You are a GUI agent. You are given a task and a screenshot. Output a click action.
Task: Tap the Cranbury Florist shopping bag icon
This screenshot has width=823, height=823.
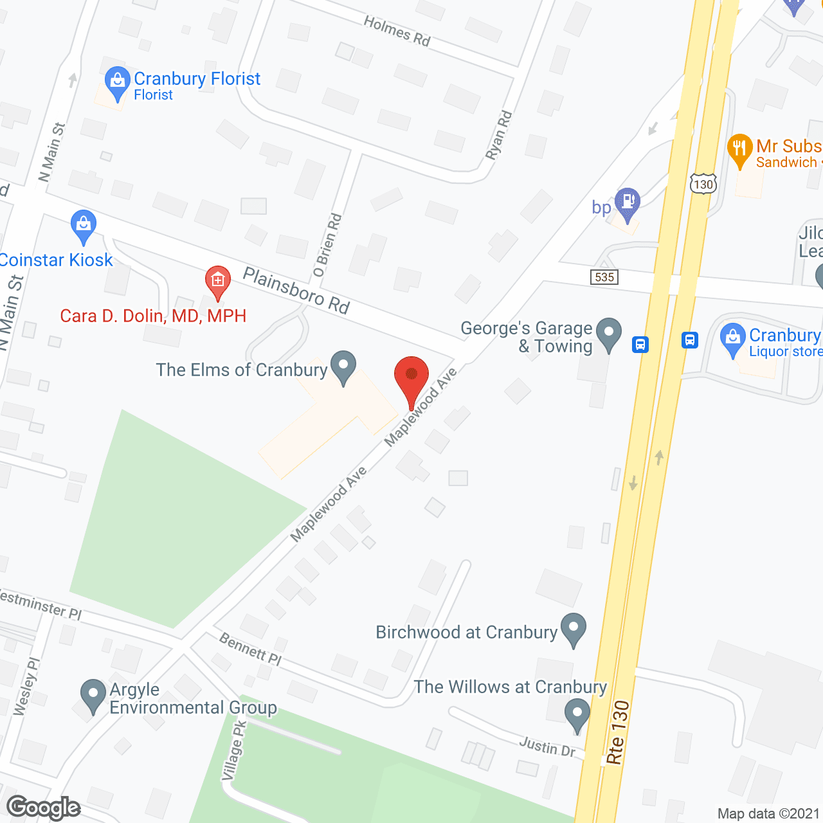tap(117, 82)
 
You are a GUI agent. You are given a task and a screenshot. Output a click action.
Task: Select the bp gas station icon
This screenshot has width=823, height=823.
tap(627, 202)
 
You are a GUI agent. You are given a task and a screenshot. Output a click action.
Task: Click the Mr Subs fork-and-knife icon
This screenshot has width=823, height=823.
tap(740, 149)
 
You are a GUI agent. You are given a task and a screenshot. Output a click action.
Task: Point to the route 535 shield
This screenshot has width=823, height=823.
tap(604, 277)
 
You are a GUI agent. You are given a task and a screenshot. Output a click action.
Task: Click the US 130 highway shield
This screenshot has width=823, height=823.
tap(703, 184)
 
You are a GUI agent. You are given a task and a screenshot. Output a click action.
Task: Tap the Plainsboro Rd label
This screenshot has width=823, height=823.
tap(296, 291)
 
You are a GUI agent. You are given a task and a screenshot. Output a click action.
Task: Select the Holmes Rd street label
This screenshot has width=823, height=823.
tap(397, 31)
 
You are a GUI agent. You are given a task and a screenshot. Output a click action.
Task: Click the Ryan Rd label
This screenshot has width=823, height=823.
tap(499, 135)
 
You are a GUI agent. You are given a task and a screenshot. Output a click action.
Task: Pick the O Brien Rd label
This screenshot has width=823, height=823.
tap(328, 245)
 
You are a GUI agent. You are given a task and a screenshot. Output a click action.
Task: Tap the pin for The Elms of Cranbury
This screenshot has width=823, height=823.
tap(343, 366)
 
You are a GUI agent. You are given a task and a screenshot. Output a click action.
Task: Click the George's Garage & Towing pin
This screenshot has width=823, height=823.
tap(608, 333)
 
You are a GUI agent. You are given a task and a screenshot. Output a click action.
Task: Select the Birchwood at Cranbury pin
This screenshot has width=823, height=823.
tap(573, 628)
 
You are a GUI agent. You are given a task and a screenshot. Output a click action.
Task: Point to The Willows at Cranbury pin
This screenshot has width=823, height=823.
tap(577, 714)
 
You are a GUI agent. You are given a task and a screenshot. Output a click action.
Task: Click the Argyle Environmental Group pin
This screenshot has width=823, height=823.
tap(93, 695)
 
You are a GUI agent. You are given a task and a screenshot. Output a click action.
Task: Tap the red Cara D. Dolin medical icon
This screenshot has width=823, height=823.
tap(218, 281)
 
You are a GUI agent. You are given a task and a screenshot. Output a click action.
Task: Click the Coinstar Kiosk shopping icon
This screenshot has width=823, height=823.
tap(84, 225)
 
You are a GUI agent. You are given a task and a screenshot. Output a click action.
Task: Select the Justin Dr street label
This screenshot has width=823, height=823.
tap(547, 746)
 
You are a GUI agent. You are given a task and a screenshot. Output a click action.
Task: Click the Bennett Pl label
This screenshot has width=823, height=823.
tap(250, 649)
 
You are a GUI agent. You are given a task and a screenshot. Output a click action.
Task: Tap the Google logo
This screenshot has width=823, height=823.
tap(44, 808)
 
